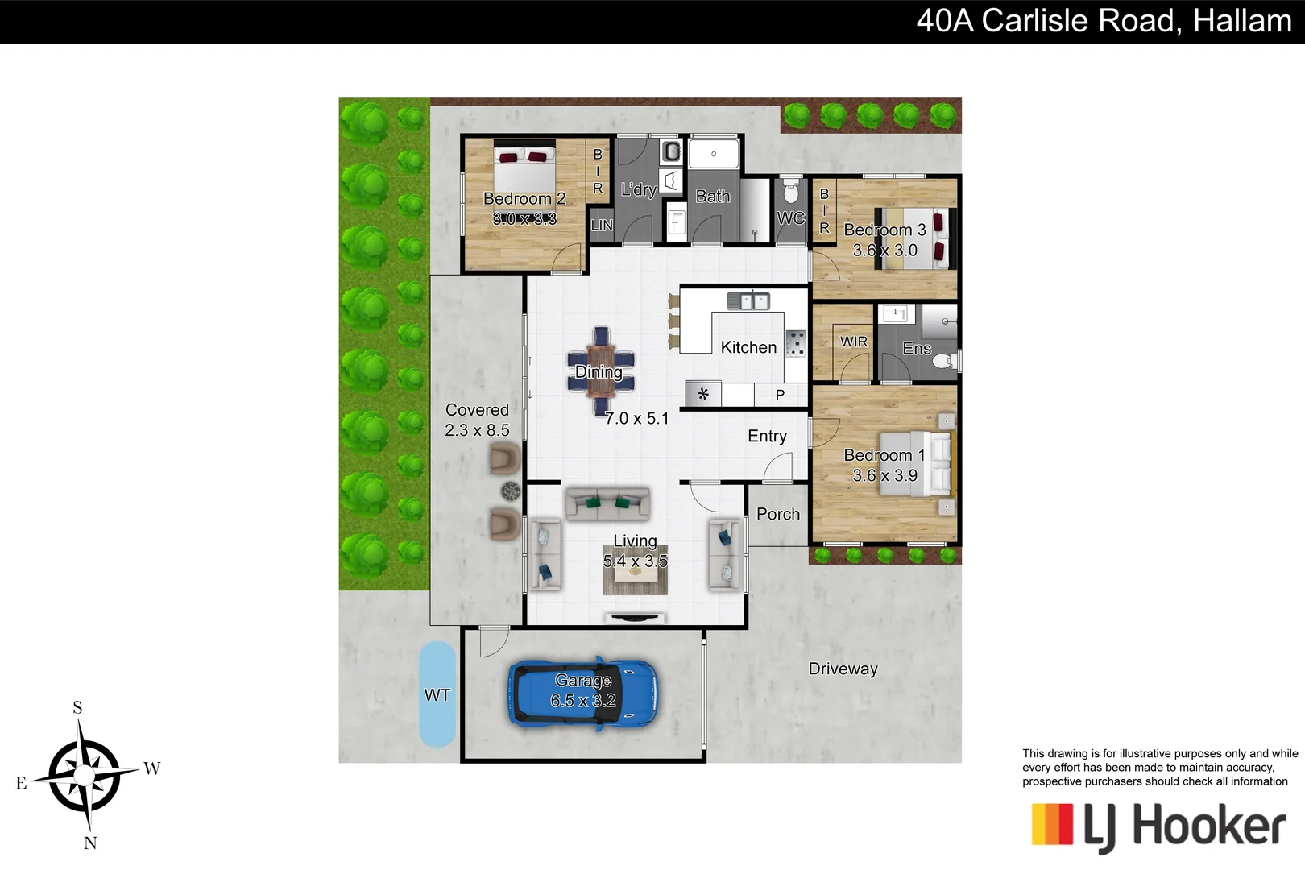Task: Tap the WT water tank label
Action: [x=437, y=695]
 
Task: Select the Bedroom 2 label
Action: [x=524, y=198]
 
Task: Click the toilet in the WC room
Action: [x=790, y=193]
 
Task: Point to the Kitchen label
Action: [x=748, y=347]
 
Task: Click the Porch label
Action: [x=778, y=514]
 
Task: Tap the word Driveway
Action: [x=843, y=669]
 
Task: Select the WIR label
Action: [x=854, y=342]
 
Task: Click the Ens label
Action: [x=917, y=348]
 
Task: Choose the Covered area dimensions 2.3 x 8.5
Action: [x=477, y=430]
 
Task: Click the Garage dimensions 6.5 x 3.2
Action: [x=583, y=701]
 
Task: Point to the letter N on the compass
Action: [x=90, y=843]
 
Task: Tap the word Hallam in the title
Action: [x=1242, y=21]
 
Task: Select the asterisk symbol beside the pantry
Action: [x=703, y=395]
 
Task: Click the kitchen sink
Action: [x=748, y=301]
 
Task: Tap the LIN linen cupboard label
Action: [x=602, y=226]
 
